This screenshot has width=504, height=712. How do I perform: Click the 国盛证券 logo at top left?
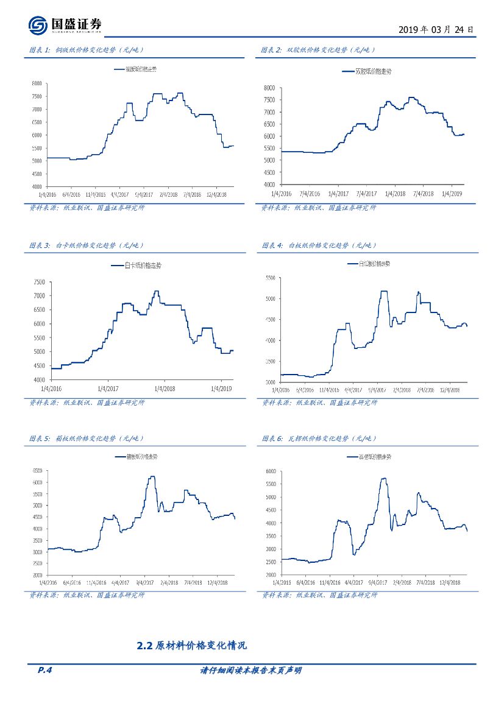coord(65,25)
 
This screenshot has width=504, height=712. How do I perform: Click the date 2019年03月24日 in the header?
coord(435,29)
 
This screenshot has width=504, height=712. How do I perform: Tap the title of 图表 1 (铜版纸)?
coord(87,50)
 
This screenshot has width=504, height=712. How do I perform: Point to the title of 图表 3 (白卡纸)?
coord(87,245)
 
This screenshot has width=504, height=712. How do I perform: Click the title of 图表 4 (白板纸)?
coord(319,245)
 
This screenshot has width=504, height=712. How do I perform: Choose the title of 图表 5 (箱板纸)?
coord(87,439)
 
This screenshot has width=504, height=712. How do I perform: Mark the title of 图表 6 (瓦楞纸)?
coord(319,439)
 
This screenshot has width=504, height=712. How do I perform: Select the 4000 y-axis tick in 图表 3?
coord(38,379)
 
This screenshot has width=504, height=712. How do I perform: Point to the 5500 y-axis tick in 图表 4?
coord(269,278)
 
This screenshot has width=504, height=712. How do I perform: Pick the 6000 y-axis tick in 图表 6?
coord(270,471)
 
